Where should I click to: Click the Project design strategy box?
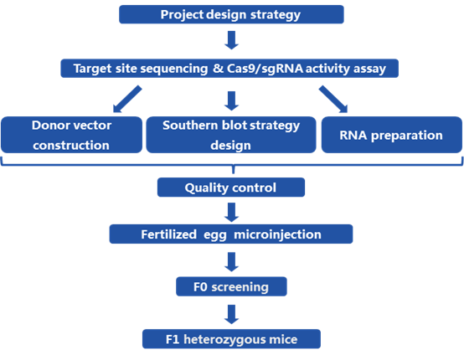tap(231, 14)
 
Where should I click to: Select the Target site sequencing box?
tap(229, 69)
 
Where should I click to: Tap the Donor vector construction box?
tap(72, 135)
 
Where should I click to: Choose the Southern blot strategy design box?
tap(231, 135)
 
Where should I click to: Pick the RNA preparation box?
tap(392, 135)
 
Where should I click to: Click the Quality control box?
tap(231, 188)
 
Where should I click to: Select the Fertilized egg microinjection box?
tap(231, 234)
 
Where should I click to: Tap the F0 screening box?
tap(231, 286)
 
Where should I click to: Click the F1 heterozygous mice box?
tap(231, 339)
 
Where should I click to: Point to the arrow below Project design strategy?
tap(232, 40)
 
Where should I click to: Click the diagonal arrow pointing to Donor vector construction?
tap(127, 100)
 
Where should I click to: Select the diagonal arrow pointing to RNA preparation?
tap(333, 100)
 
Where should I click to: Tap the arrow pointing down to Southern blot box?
tap(232, 100)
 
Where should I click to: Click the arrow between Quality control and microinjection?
tap(232, 212)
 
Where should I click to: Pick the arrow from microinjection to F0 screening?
tap(232, 262)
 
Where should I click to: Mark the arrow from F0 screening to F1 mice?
tap(232, 314)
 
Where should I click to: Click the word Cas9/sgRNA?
tap(265, 69)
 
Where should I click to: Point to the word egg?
tap(215, 235)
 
